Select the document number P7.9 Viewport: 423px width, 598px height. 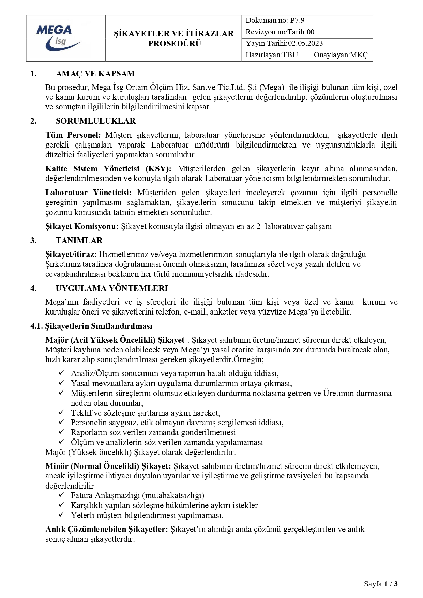tap(297, 20)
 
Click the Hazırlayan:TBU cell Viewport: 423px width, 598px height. tap(272, 55)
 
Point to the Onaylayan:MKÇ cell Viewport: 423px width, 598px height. tap(341, 55)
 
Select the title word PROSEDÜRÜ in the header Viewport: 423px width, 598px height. tap(175, 44)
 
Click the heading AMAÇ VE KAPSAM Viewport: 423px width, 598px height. tap(95, 74)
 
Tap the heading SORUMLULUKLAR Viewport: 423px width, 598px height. tap(95, 121)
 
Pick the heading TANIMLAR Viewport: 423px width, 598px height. tap(79, 241)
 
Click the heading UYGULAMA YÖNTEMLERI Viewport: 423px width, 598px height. tap(111, 288)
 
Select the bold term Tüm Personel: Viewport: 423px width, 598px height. tap(73, 135)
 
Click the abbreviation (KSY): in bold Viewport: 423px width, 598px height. tap(158, 169)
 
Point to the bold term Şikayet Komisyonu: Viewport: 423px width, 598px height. tap(82, 226)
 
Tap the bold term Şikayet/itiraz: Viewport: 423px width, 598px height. tap(71, 254)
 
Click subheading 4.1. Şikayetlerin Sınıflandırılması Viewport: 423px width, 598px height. tap(91, 326)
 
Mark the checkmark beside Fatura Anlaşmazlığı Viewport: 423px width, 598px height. tap(62, 495)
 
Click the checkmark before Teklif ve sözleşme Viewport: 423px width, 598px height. tap(62, 412)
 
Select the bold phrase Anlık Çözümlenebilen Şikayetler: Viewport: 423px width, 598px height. tap(106, 529)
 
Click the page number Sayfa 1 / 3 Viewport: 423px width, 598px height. tap(380, 584)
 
